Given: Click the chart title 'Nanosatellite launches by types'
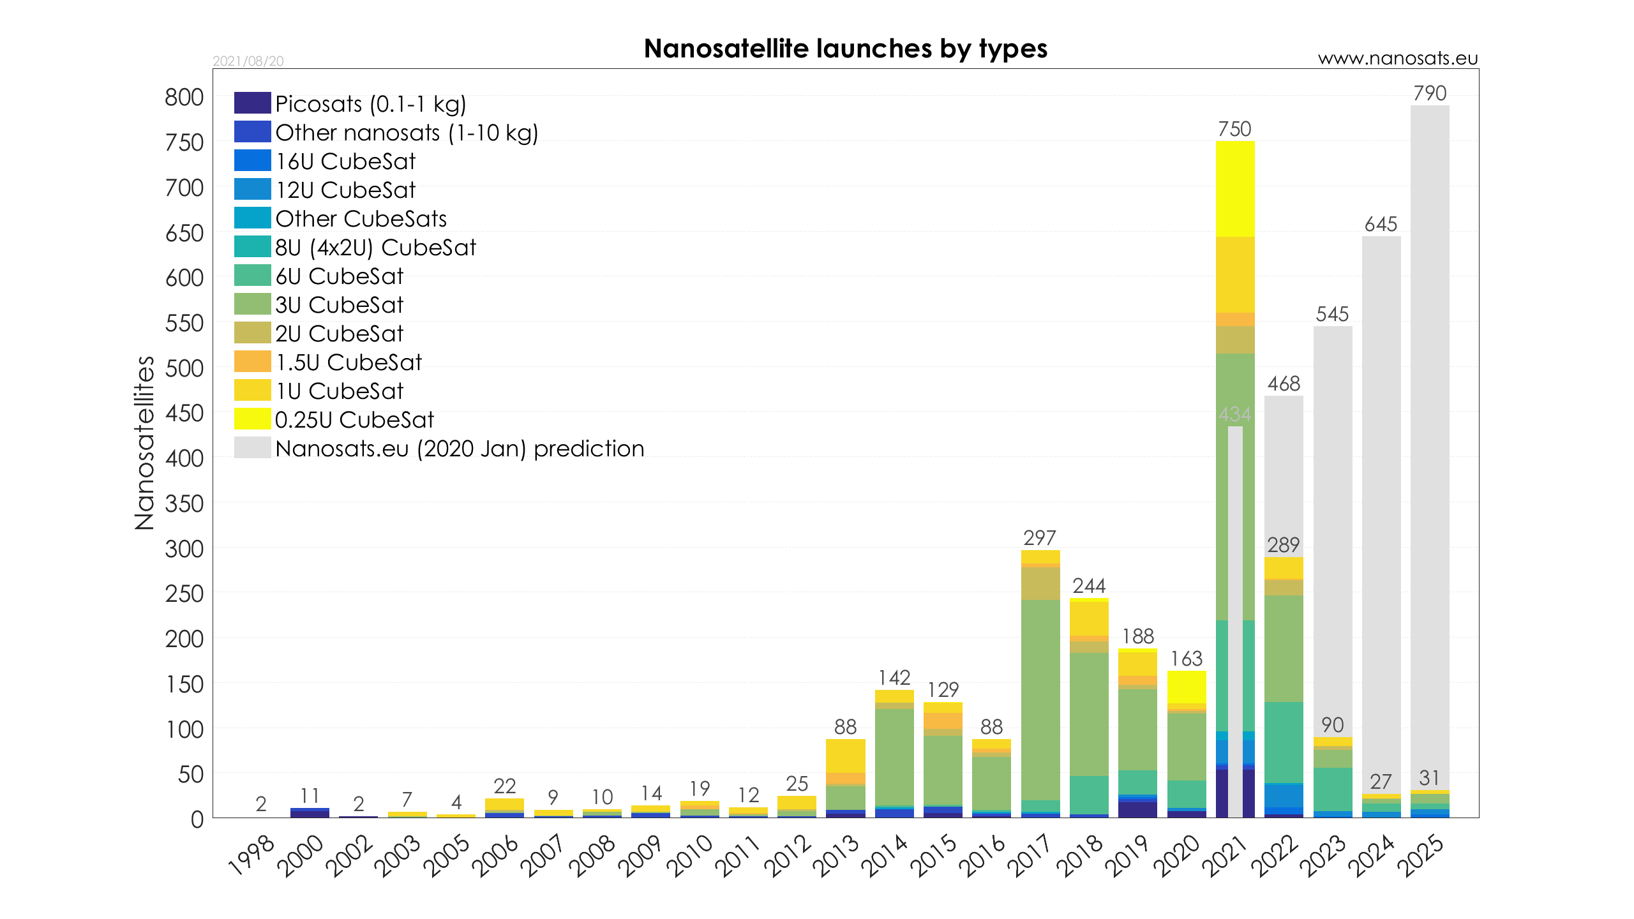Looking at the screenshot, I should coord(845,49).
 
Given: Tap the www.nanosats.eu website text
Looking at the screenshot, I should coord(1397,59).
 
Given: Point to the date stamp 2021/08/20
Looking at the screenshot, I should coord(248,61).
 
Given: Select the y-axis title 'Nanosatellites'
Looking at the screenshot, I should coord(145,442).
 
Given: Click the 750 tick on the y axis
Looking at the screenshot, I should coord(184,143).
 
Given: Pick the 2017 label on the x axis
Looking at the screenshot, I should coord(1029,856).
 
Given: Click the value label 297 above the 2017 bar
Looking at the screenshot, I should coord(1040,538).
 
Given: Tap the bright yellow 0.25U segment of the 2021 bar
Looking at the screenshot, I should coord(1234,189).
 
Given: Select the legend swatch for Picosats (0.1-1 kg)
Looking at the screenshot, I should coord(252,103).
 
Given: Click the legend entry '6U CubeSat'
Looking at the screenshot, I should coord(339,276).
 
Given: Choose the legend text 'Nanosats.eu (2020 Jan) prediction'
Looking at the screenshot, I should coord(460,449).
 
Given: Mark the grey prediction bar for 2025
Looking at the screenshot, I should coord(1430,447).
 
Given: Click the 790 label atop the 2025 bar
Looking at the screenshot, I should coord(1430,94).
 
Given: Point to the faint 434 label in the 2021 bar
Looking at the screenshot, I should coord(1234,415).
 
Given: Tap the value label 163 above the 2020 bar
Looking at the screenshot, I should coord(1186,659).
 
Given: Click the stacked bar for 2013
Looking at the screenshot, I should coord(845,779).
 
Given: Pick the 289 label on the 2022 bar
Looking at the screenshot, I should coord(1284,545).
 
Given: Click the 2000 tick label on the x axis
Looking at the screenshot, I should coord(301,856).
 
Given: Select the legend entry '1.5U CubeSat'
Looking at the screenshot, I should coord(349,362).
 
